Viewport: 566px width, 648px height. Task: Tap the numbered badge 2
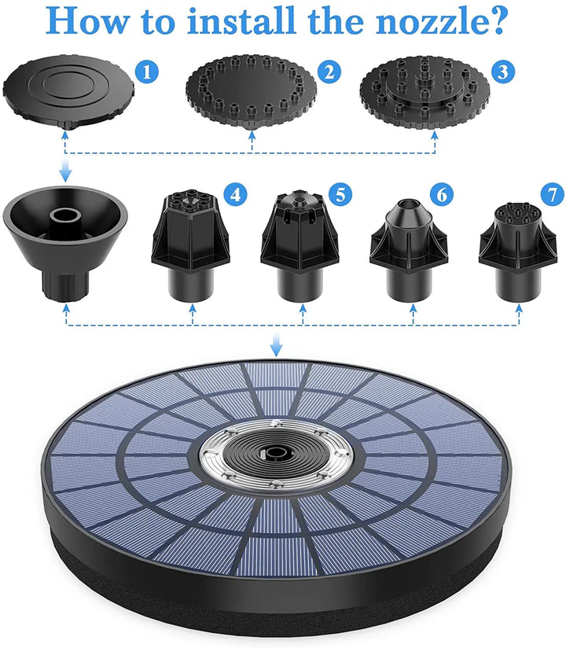pyautogui.click(x=329, y=73)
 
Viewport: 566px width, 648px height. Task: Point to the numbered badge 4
pyautogui.click(x=233, y=193)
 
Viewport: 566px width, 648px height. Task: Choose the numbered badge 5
pyautogui.click(x=341, y=193)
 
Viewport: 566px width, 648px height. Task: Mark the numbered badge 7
pyautogui.click(x=553, y=193)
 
